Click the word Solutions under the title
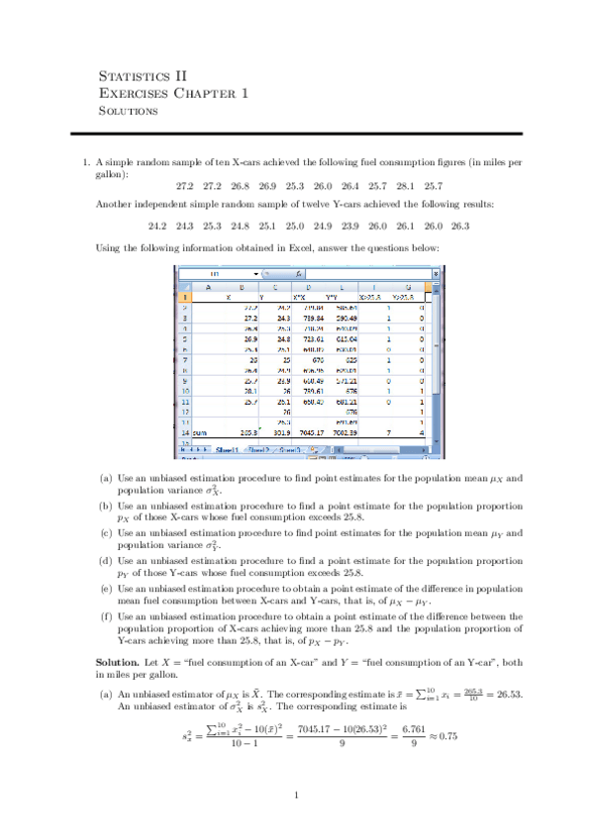[129, 110]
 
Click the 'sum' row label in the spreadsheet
[188, 431]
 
